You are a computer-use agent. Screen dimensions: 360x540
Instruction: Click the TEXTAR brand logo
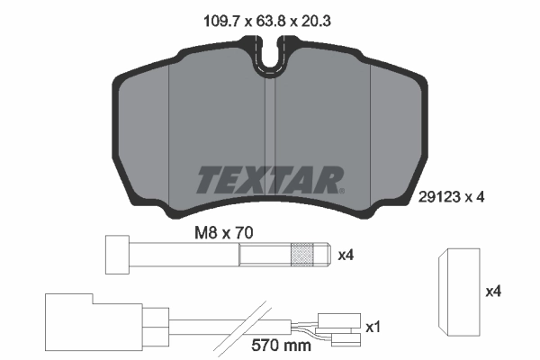point(268,179)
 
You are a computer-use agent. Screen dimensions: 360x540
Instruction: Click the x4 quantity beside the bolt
point(345,256)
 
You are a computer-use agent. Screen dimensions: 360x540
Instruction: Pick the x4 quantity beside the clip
point(492,292)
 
